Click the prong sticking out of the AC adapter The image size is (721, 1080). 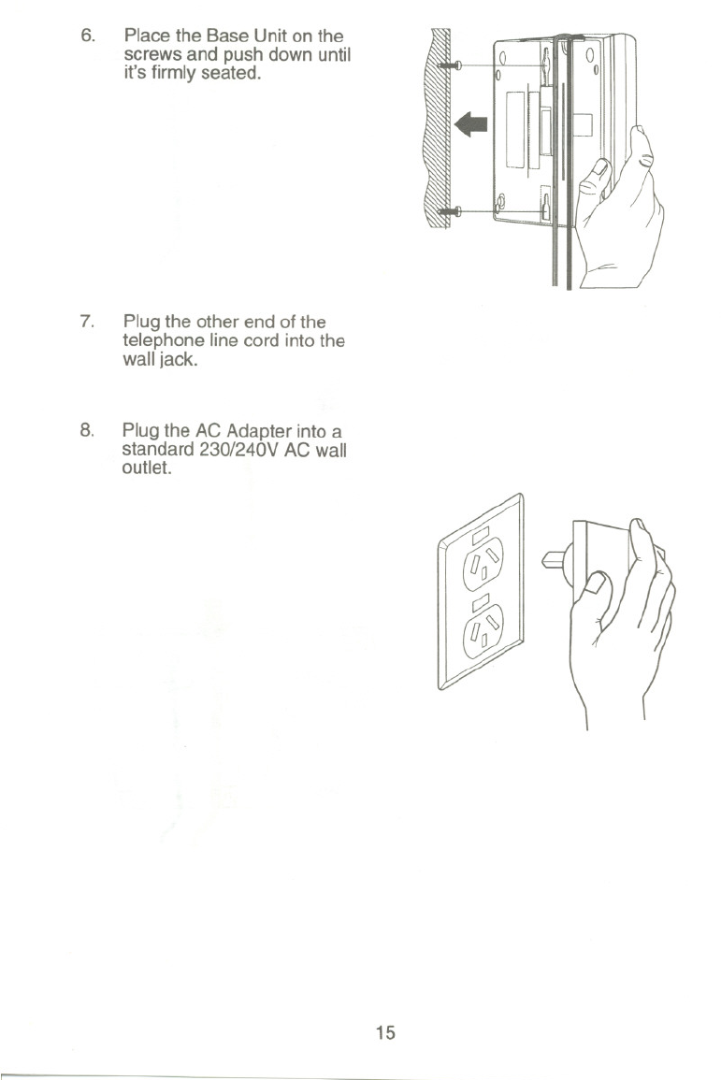(556, 562)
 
